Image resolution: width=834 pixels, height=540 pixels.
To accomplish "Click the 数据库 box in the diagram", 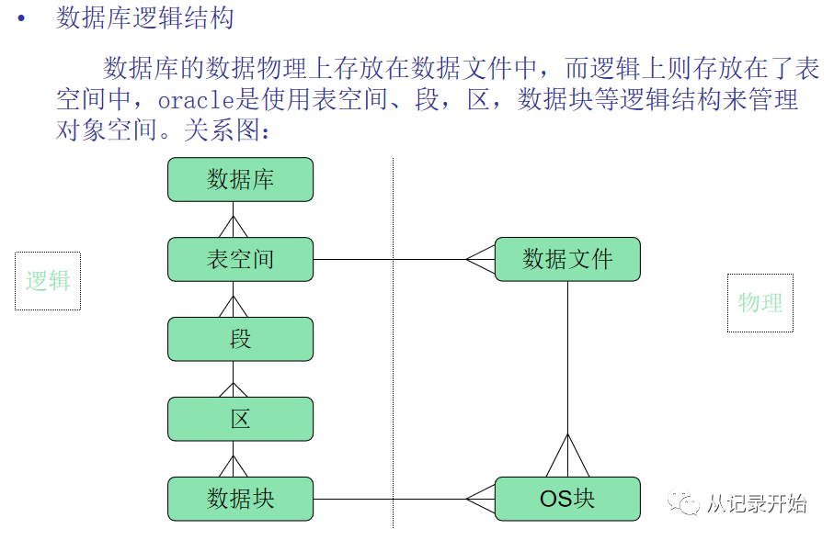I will click(240, 179).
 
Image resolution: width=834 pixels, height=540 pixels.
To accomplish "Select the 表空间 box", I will click(240, 259).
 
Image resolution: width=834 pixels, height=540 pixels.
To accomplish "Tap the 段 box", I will click(240, 339).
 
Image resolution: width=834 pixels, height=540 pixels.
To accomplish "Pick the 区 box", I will click(240, 419).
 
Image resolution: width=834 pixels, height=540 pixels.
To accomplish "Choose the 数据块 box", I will click(240, 499).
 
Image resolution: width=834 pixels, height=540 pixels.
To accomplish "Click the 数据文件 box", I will click(567, 259).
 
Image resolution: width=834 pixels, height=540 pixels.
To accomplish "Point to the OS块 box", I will click(567, 499).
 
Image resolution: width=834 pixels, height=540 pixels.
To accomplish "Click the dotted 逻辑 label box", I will click(48, 281).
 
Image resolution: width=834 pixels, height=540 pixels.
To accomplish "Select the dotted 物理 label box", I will click(760, 302).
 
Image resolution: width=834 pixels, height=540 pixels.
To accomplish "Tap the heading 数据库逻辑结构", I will click(145, 18).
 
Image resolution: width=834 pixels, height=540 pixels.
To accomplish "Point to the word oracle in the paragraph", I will click(199, 99).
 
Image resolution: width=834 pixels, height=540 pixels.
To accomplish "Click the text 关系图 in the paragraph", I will click(219, 130).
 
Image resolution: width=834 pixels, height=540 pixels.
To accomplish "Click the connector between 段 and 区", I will click(234, 379).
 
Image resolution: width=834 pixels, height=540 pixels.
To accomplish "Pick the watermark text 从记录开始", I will click(756, 503).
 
